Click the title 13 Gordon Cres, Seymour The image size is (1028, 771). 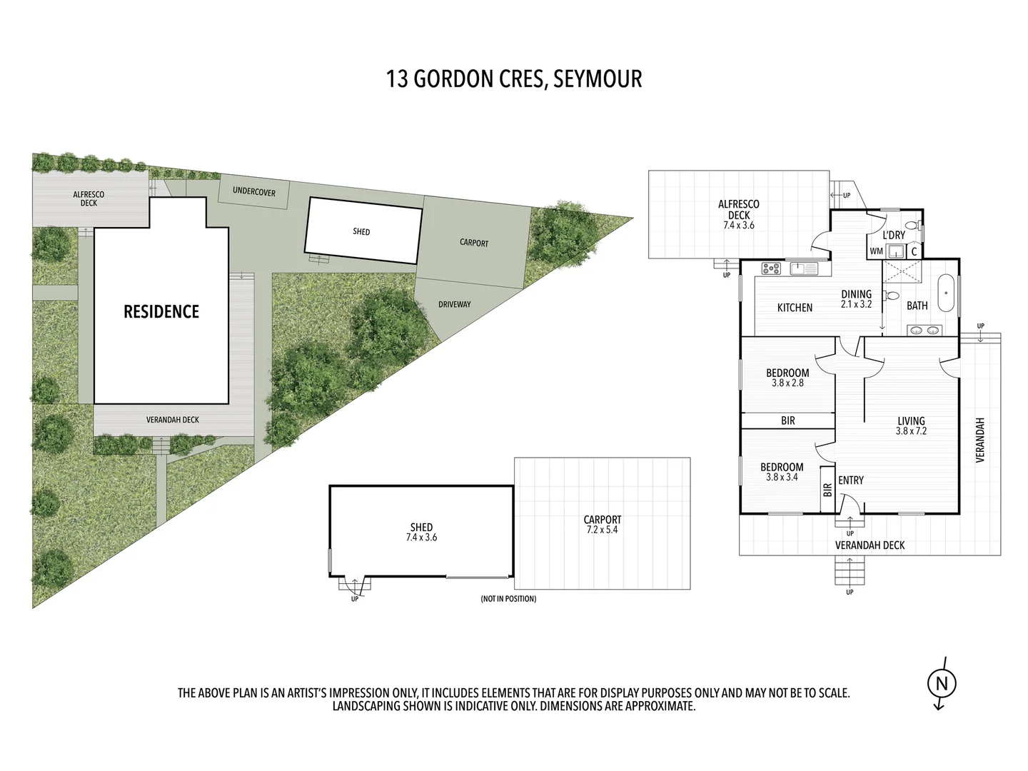(x=513, y=79)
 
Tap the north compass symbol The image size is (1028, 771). (x=941, y=683)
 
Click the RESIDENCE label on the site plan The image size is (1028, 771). (x=161, y=311)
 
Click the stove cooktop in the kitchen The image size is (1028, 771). (x=771, y=268)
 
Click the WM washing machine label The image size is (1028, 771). (x=876, y=251)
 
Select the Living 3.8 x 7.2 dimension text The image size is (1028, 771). (x=911, y=426)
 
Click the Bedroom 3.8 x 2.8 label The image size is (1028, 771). (x=787, y=378)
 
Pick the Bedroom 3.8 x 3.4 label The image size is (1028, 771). (x=782, y=472)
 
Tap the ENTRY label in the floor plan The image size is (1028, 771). (x=851, y=480)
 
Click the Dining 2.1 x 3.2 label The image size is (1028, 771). (x=856, y=298)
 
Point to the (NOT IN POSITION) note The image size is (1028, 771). (x=508, y=598)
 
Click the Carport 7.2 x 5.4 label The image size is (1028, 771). (x=603, y=525)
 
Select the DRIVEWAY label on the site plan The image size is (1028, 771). (x=455, y=304)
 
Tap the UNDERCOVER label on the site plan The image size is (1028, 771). (x=254, y=192)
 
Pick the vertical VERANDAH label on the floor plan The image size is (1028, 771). (x=979, y=440)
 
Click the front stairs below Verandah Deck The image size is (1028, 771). (x=850, y=571)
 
